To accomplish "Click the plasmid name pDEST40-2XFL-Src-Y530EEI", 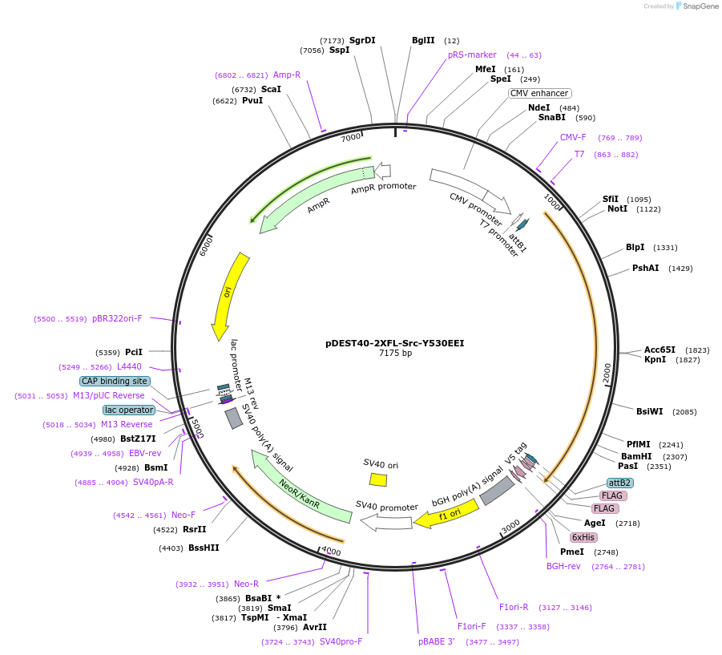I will point(394,342).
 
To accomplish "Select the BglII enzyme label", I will point(423,40).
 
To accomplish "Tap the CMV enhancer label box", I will point(539,93).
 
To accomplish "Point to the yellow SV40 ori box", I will point(378,479).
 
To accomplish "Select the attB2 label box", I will point(619,483).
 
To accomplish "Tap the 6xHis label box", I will point(583,537).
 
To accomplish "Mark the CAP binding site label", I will point(115,381).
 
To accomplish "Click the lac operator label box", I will point(129,410).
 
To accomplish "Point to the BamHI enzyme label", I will point(636,456).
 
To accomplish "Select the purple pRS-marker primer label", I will point(472,55).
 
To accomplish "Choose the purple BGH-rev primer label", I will point(563,566).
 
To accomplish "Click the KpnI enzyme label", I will point(655,360).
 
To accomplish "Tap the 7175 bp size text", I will point(395,354).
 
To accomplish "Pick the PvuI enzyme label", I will point(252,101).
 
